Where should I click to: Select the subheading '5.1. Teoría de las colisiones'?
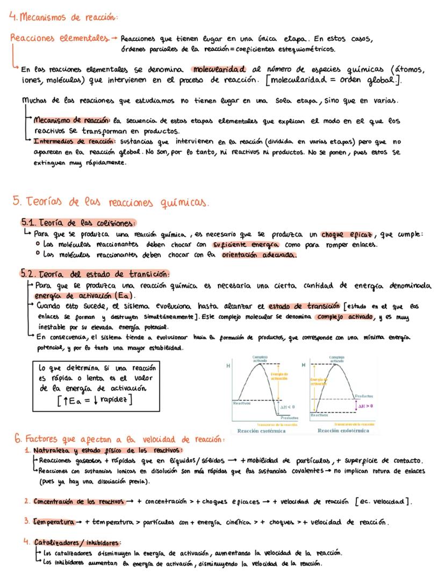(78, 223)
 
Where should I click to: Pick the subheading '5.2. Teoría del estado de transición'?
(95, 273)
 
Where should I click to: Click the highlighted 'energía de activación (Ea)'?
(85, 296)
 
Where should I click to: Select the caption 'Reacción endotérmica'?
(343, 431)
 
